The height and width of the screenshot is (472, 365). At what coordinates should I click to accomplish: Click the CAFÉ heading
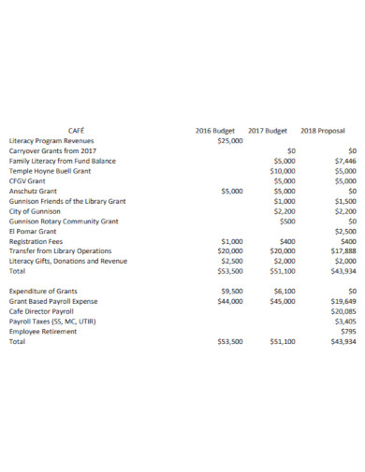(x=76, y=130)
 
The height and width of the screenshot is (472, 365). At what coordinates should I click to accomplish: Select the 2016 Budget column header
(x=216, y=130)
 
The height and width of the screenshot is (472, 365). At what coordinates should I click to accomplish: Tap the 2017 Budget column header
(x=269, y=130)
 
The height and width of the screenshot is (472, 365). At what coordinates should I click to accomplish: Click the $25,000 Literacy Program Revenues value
(x=229, y=140)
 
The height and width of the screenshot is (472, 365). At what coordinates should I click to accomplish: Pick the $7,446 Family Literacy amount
(x=344, y=161)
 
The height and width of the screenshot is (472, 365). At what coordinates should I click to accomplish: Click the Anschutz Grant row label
(x=33, y=191)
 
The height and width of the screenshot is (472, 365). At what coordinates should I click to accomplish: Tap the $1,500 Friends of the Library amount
(x=344, y=201)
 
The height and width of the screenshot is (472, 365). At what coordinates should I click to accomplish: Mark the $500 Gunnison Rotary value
(x=287, y=222)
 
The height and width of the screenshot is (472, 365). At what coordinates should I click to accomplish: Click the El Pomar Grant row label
(x=33, y=231)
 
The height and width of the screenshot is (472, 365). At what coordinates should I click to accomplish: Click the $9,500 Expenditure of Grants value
(x=231, y=292)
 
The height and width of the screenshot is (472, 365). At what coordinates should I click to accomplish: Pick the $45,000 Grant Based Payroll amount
(x=283, y=302)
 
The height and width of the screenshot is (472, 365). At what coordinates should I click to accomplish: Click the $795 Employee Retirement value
(x=348, y=332)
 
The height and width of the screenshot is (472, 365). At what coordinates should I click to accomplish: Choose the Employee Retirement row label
(x=43, y=332)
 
